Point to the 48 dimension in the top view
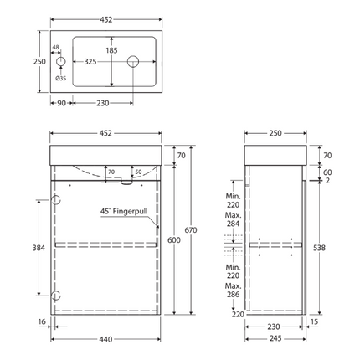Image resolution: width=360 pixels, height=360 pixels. point(56,48)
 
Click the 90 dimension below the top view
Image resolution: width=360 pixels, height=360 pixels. point(60,102)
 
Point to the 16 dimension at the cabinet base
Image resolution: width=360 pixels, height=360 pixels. point(40,321)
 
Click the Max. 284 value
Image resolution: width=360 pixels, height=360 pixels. point(234,223)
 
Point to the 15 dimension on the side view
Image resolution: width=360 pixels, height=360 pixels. point(313,321)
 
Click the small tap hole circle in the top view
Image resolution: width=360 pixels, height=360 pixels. point(59,63)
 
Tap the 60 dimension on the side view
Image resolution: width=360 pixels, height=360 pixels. point(328,172)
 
